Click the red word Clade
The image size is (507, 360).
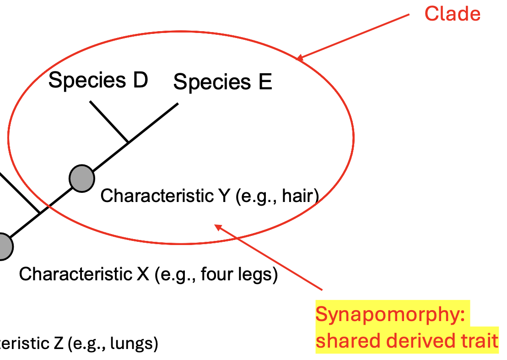(x=453, y=14)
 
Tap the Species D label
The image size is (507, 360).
(x=98, y=81)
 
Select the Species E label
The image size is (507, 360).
(x=223, y=82)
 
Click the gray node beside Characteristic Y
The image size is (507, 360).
(x=82, y=178)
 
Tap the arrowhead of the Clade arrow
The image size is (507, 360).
(x=299, y=58)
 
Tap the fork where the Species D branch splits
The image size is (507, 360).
(x=128, y=142)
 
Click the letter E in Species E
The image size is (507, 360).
(x=265, y=82)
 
